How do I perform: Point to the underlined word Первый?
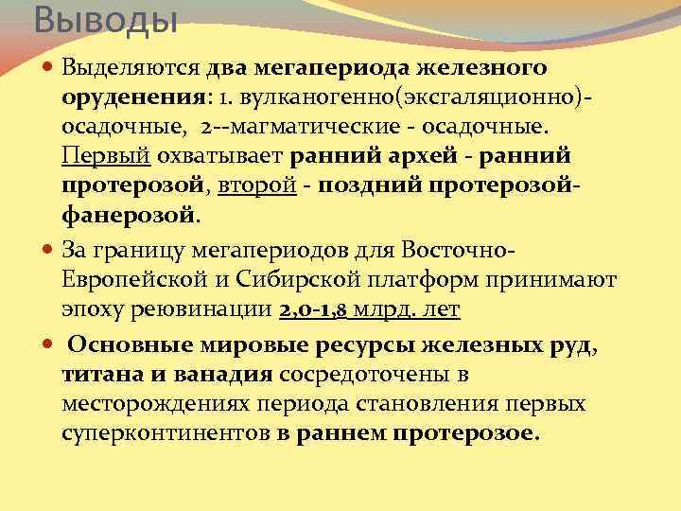pyautogui.click(x=96, y=156)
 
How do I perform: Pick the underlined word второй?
pyautogui.click(x=249, y=185)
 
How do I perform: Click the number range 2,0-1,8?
pyautogui.click(x=314, y=310)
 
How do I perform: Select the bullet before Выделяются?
pyautogui.click(x=49, y=68)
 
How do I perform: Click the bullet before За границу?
pyautogui.click(x=49, y=252)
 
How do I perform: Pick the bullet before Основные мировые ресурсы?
pyautogui.click(x=49, y=345)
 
